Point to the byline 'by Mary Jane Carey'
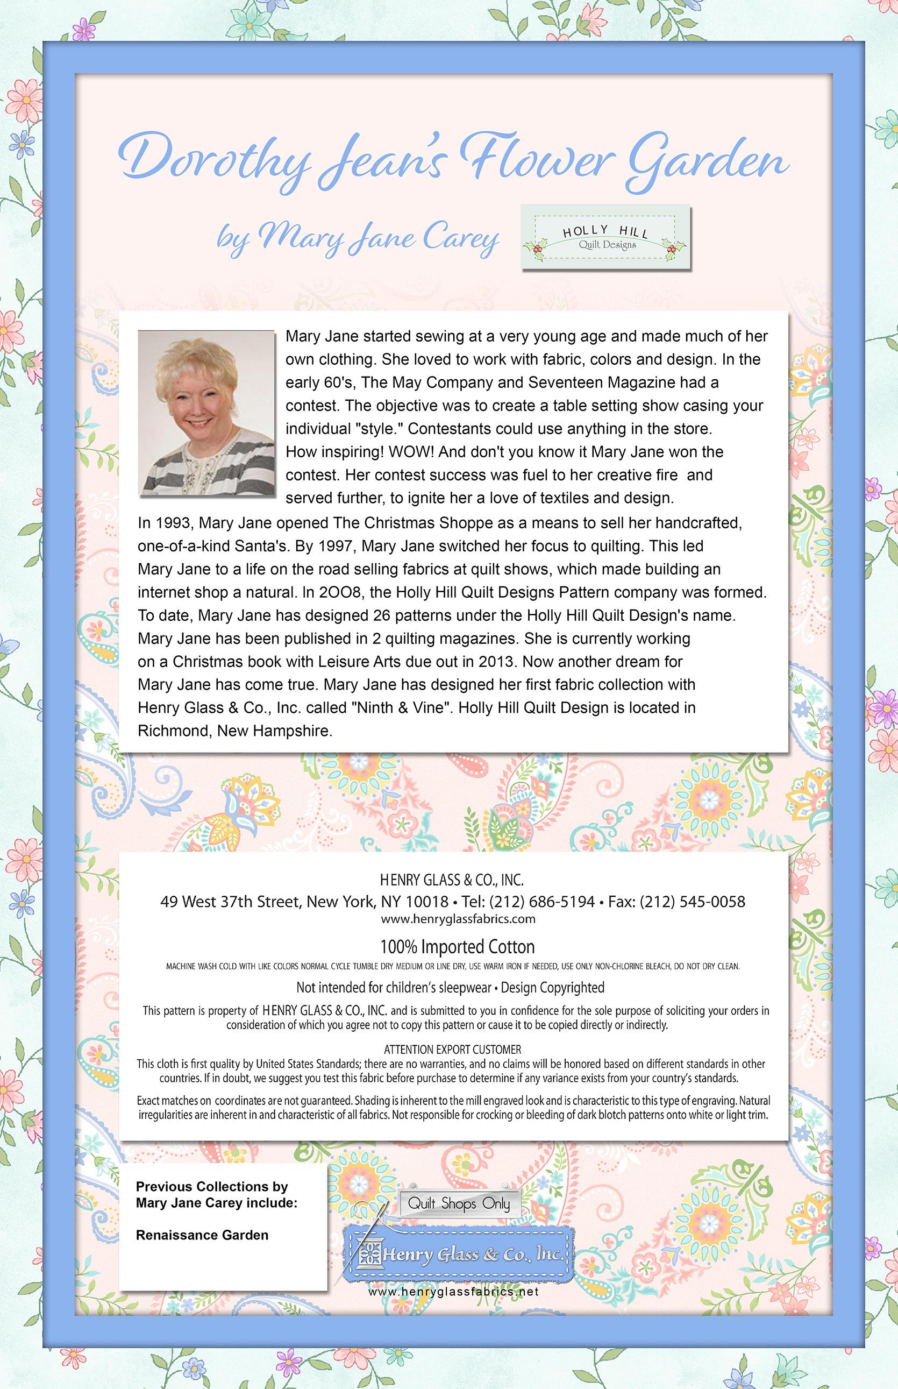tap(358, 239)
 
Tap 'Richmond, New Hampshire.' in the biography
tap(235, 731)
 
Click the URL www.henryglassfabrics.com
tap(457, 919)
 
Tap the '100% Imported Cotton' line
tap(457, 946)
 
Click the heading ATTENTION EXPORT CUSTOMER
tap(453, 1033)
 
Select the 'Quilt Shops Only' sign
tap(458, 1202)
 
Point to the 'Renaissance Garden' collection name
tap(202, 1235)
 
